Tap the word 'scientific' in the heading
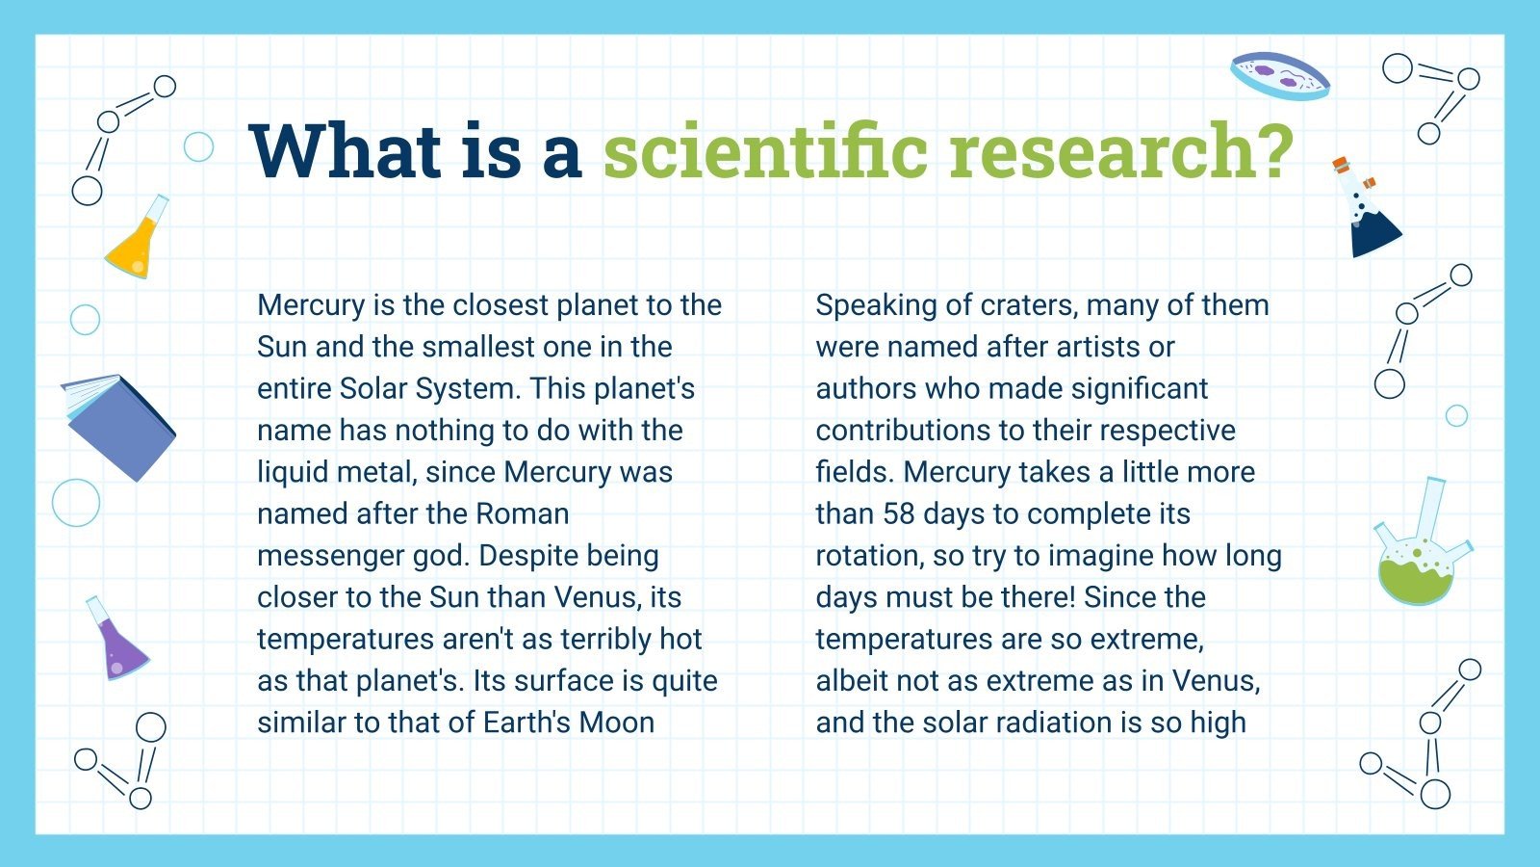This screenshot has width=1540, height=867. click(765, 150)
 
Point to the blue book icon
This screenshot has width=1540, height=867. click(118, 428)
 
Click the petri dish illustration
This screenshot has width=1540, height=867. click(1279, 76)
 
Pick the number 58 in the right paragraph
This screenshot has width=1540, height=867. click(898, 513)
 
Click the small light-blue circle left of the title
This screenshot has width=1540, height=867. click(198, 146)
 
